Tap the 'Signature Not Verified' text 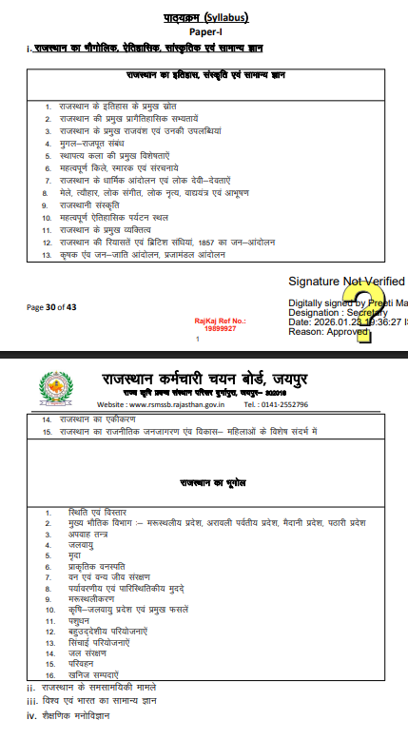click(x=346, y=282)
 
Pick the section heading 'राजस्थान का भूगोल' click(x=205, y=483)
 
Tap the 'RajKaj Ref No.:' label click(x=220, y=321)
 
